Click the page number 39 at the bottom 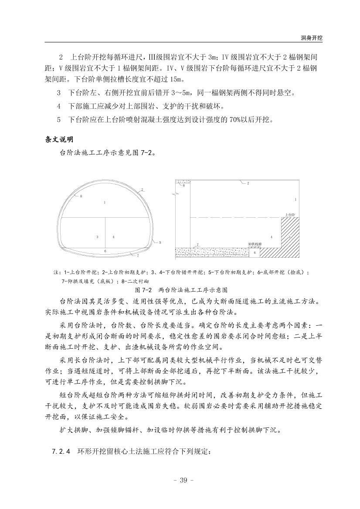coord(180,480)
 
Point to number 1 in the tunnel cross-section coord(105,202)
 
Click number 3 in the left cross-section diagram coord(97,237)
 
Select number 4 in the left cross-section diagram coord(113,237)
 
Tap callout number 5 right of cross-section coord(160,243)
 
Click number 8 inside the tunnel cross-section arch coord(82,197)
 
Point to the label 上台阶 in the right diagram coord(289,215)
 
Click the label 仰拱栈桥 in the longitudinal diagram coord(254,244)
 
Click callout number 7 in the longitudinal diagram coord(198,245)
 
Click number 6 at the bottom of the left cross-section coord(105,251)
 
